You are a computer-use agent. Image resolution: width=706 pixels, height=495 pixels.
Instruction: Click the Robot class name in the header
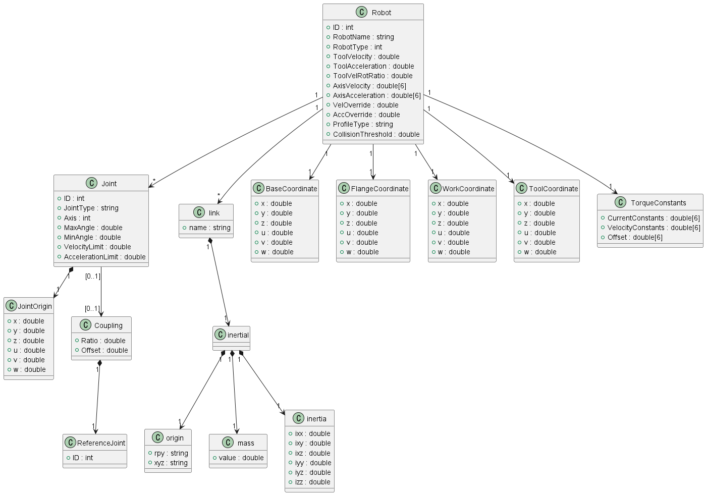coord(381,13)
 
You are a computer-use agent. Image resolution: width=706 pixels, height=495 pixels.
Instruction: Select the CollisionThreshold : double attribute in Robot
coord(375,134)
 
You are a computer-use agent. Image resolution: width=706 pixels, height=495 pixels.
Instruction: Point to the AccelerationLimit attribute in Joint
coord(104,257)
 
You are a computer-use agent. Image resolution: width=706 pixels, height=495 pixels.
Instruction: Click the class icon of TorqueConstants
coord(620,202)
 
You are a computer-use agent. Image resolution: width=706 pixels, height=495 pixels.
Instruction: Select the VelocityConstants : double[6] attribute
coord(653,228)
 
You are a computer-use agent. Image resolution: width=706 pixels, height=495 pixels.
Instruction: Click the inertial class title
coord(238,335)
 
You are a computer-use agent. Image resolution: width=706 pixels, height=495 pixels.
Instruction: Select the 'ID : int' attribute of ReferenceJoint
coord(82,458)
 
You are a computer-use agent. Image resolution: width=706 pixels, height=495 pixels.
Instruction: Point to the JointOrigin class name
coord(35,306)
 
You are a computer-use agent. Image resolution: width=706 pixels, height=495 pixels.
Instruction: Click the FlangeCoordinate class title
coord(379,189)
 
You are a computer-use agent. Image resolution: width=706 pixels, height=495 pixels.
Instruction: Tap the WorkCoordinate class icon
coord(436,188)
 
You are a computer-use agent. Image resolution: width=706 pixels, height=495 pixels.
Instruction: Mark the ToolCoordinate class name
coord(553,189)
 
